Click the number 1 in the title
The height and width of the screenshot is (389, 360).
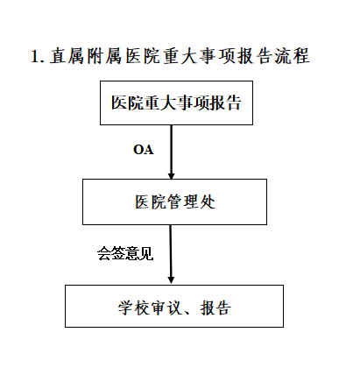(35, 56)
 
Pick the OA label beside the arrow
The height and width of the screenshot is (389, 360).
(144, 150)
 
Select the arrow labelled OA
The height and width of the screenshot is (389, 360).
(172, 152)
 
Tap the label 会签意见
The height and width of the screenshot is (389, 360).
(125, 253)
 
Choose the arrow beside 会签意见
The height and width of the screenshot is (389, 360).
(171, 254)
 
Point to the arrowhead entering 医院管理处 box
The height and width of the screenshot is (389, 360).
(172, 176)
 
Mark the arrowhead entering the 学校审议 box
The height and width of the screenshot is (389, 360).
(172, 279)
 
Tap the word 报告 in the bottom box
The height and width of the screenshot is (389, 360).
(215, 308)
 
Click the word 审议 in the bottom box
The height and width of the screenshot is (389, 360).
(166, 308)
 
